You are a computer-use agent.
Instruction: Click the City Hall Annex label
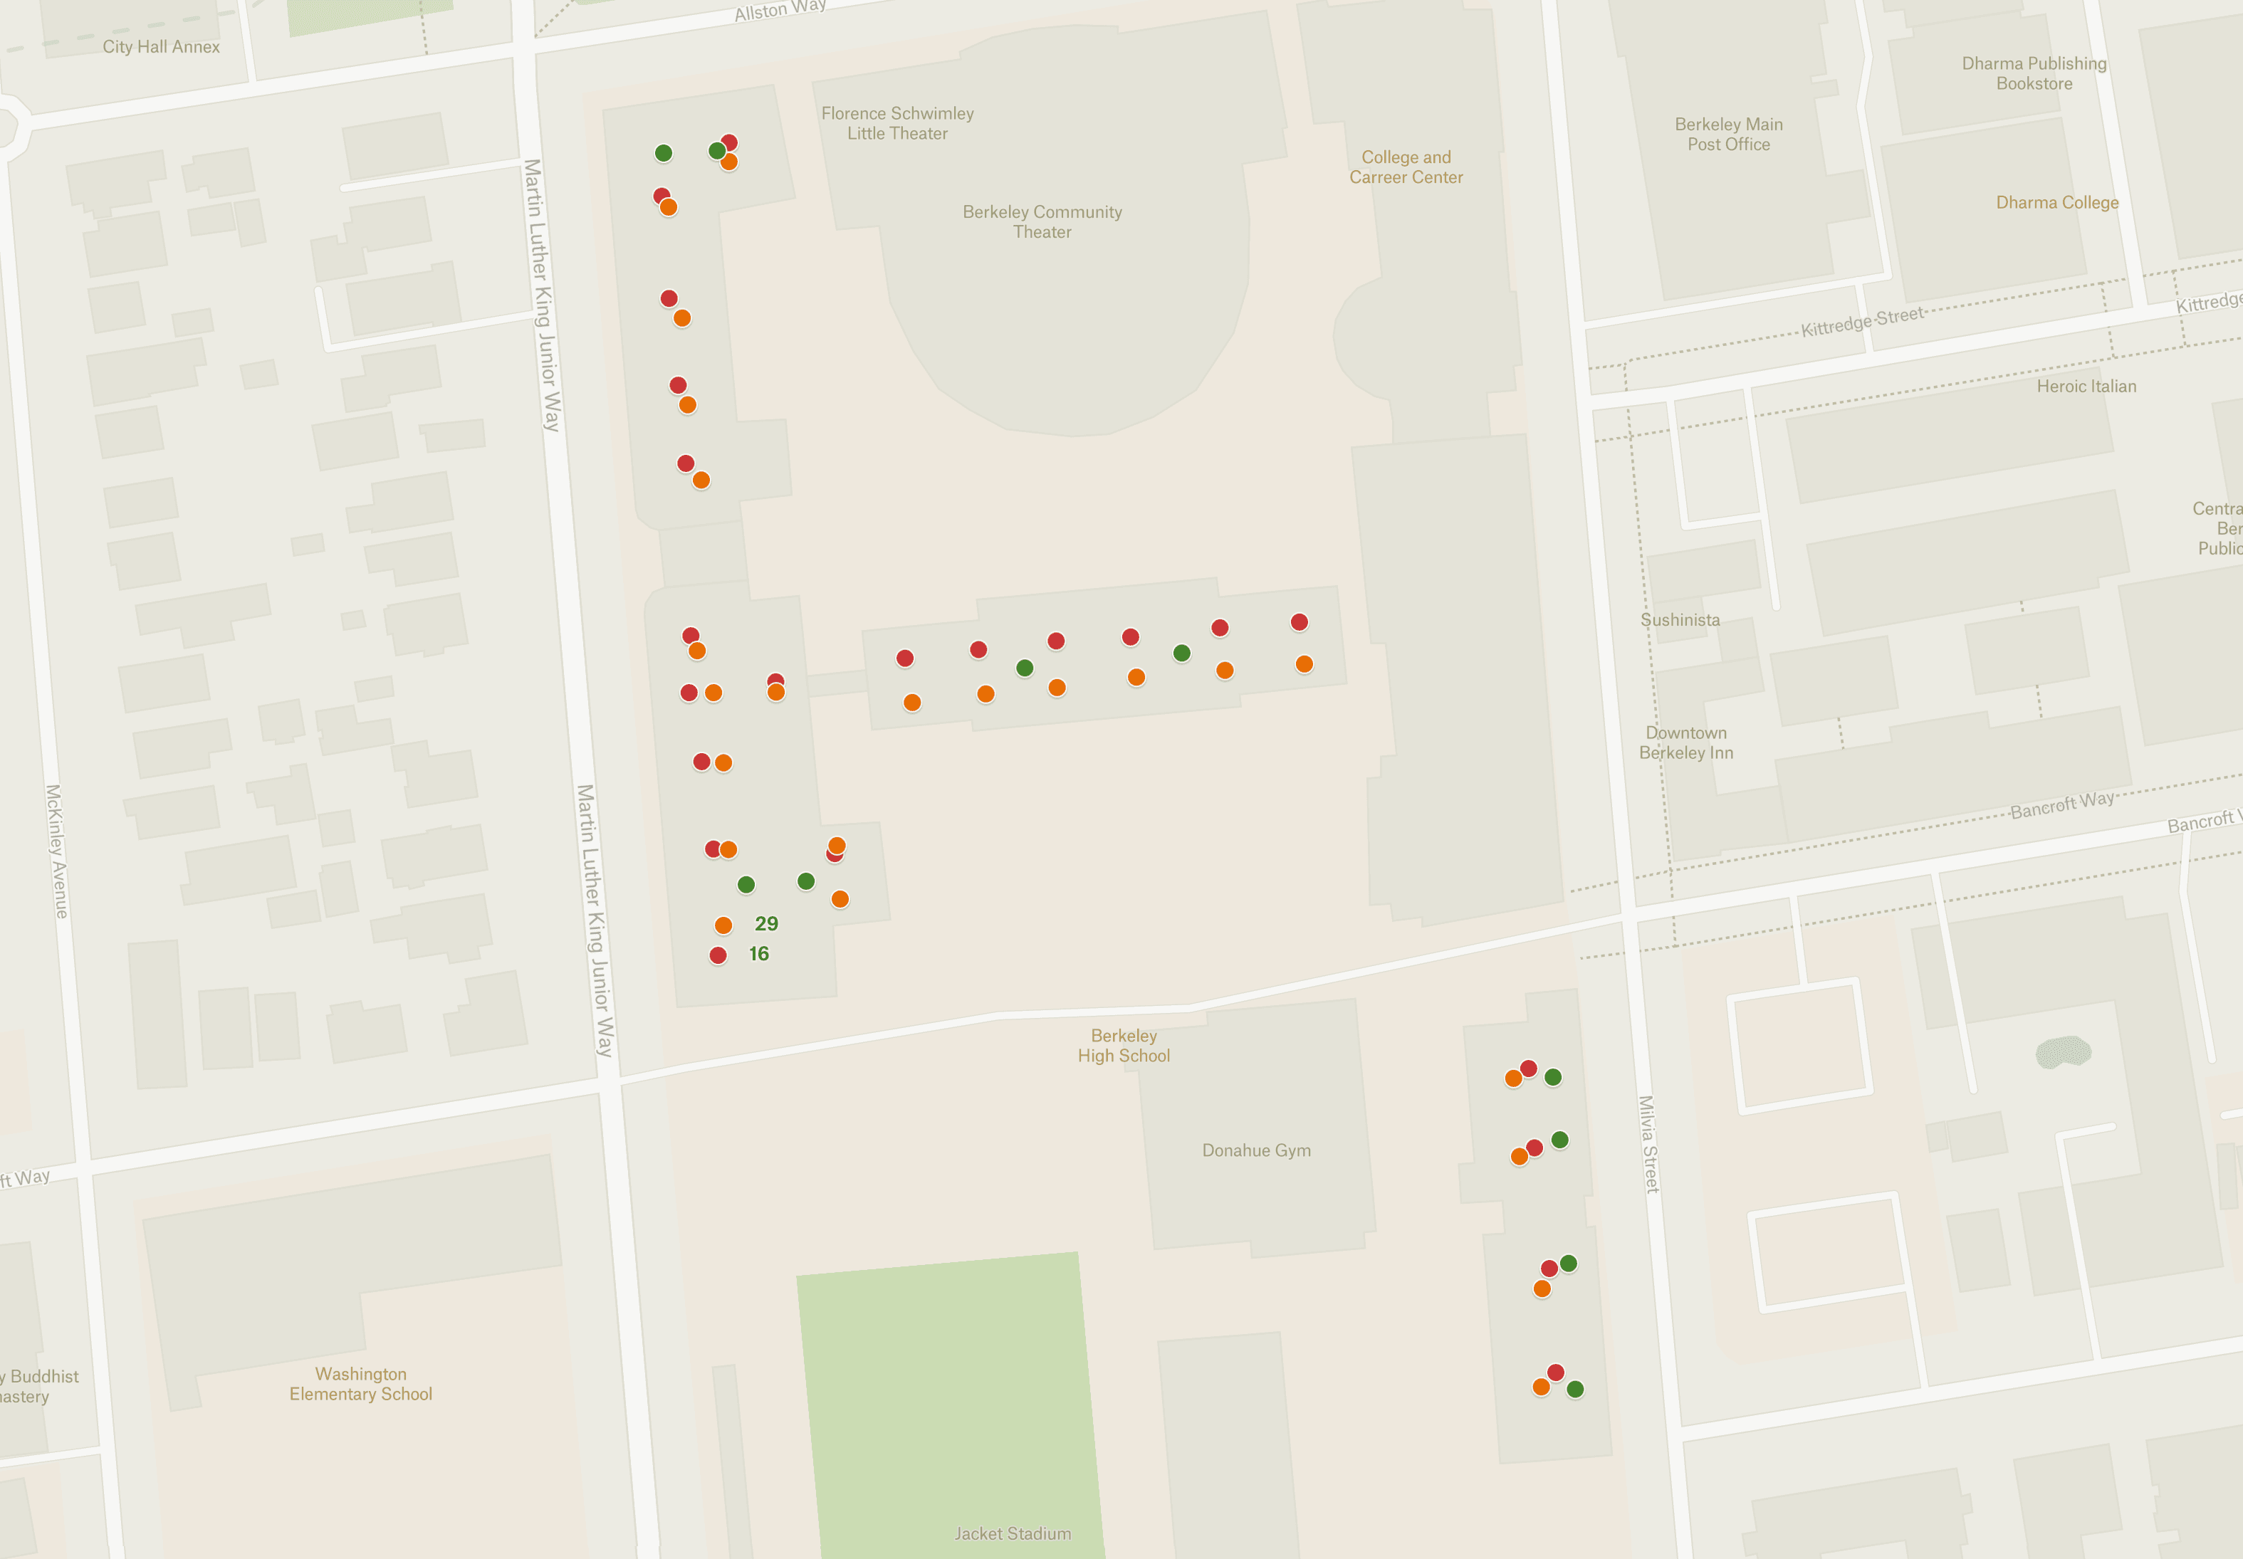161,47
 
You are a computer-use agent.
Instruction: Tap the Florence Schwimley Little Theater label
896,123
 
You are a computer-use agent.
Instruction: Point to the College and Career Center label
1406,167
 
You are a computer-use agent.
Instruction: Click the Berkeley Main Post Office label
1728,134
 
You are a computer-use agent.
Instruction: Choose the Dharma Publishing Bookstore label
2034,73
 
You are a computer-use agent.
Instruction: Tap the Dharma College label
2056,202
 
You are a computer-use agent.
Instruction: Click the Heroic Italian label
2086,386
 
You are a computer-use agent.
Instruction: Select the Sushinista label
1679,619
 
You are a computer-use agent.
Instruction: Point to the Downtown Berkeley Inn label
1685,742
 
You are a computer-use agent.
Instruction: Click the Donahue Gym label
1256,1150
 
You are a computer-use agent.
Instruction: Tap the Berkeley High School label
1124,1045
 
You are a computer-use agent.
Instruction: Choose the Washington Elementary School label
360,1383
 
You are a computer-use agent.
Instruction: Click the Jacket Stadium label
1012,1533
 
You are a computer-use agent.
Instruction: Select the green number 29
766,923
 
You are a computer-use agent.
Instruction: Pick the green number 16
758,953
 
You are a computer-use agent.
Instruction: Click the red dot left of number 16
718,955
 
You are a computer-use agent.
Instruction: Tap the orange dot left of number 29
723,925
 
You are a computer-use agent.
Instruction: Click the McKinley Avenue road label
57,851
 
